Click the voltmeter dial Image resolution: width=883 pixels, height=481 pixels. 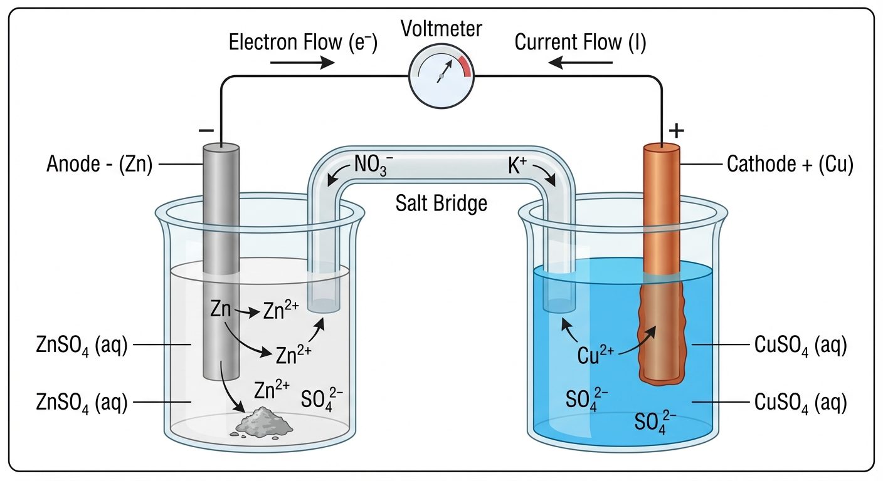click(x=441, y=76)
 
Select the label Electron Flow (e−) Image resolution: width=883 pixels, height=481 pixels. click(x=303, y=43)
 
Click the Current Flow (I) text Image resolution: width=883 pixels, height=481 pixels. click(x=580, y=43)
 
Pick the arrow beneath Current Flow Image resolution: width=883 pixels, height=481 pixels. click(x=581, y=63)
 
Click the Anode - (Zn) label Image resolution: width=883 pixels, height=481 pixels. click(x=99, y=165)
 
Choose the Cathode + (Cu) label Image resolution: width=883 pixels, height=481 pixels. click(x=790, y=165)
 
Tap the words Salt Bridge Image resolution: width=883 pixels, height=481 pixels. click(x=441, y=203)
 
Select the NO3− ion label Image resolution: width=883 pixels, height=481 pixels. click(x=374, y=165)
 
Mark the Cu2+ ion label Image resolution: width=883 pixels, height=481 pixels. click(x=596, y=355)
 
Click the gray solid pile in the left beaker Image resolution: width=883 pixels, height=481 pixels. click(x=264, y=421)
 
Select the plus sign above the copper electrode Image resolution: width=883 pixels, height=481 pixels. click(x=676, y=131)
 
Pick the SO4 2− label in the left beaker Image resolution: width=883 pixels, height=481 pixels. click(x=322, y=398)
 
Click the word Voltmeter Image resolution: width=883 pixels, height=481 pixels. click(x=441, y=29)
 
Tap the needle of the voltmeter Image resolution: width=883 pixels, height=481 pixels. click(x=445, y=71)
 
